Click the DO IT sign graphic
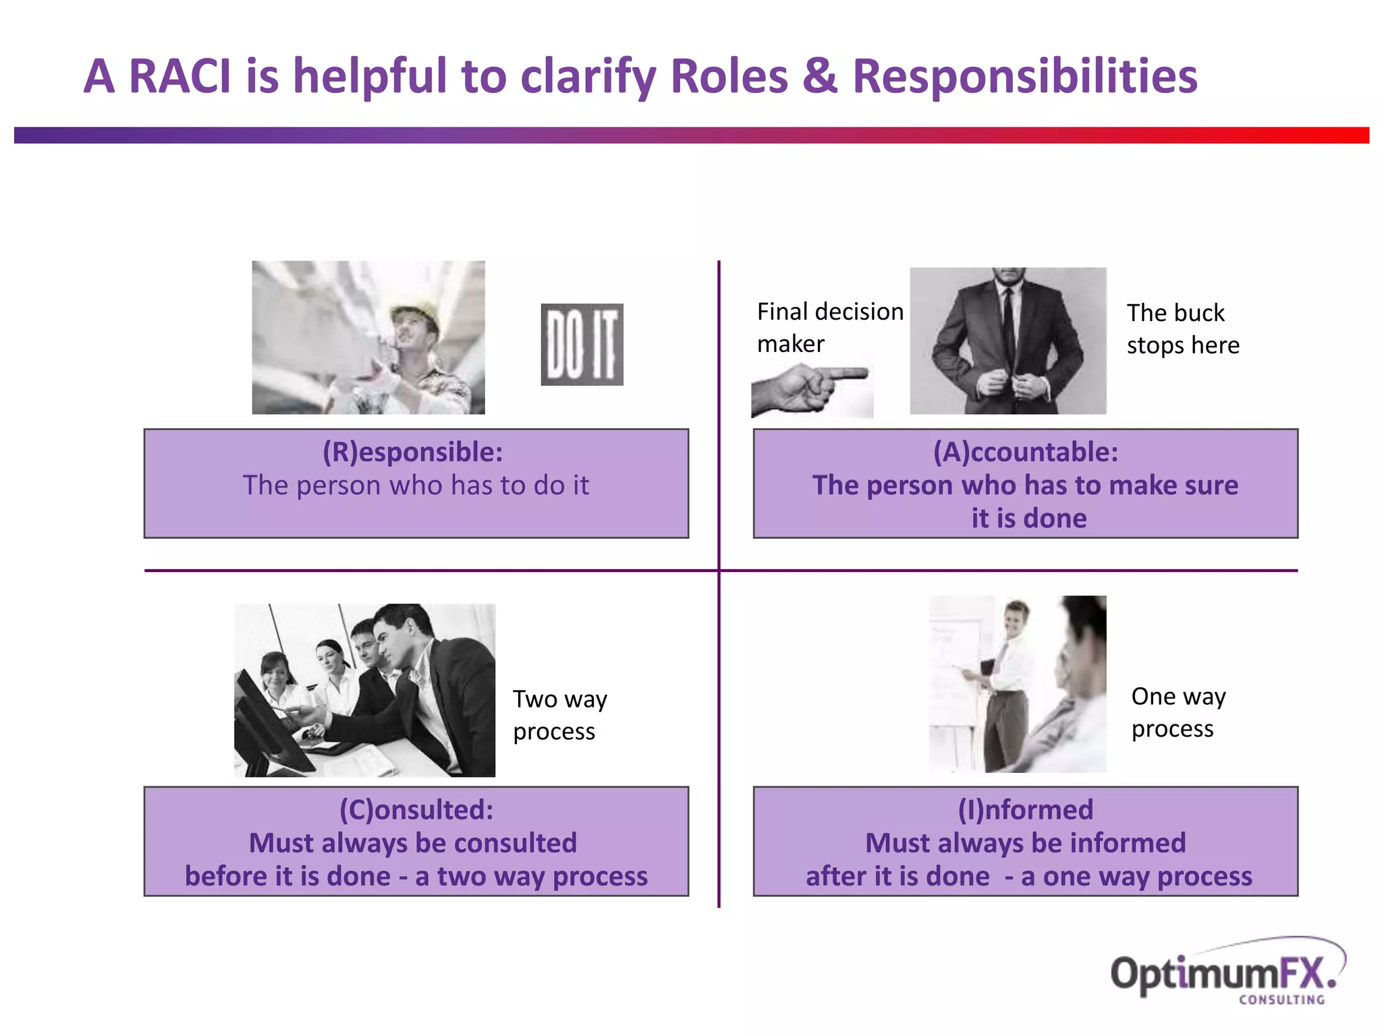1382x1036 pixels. [582, 345]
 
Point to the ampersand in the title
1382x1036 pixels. [819, 76]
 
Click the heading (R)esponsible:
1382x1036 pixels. [412, 452]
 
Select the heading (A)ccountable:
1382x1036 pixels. [1025, 452]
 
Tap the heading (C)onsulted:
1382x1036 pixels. [416, 809]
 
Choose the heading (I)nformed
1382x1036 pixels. [1025, 809]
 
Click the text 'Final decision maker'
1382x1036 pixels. [829, 328]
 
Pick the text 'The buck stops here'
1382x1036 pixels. [1182, 329]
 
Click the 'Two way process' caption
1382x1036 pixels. [559, 715]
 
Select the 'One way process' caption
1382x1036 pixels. [1178, 712]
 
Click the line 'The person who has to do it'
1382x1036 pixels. [416, 486]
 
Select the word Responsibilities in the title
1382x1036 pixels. [1024, 76]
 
